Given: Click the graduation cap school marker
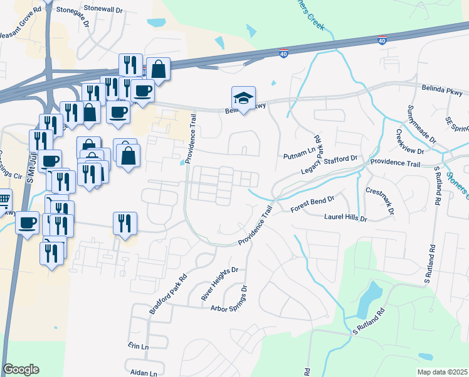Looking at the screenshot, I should pos(243,98).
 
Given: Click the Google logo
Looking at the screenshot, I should pos(21,369).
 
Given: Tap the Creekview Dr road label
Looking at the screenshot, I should pos(409,143).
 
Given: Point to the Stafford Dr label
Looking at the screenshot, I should pos(341,159).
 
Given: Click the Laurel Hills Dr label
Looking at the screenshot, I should pos(345,218).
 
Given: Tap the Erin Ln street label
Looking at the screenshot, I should pos(138,346).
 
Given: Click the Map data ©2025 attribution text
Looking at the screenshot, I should pos(442,372).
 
